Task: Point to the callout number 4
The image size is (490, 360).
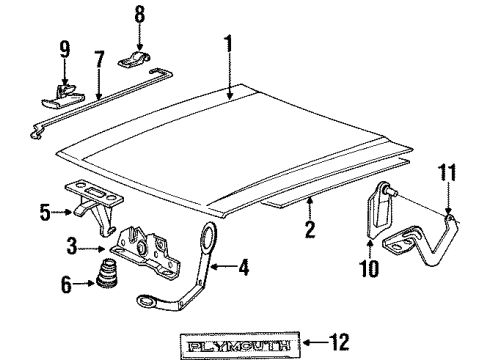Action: [x=246, y=266]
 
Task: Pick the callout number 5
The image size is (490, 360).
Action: [x=45, y=212]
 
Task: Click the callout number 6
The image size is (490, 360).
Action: [x=67, y=285]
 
